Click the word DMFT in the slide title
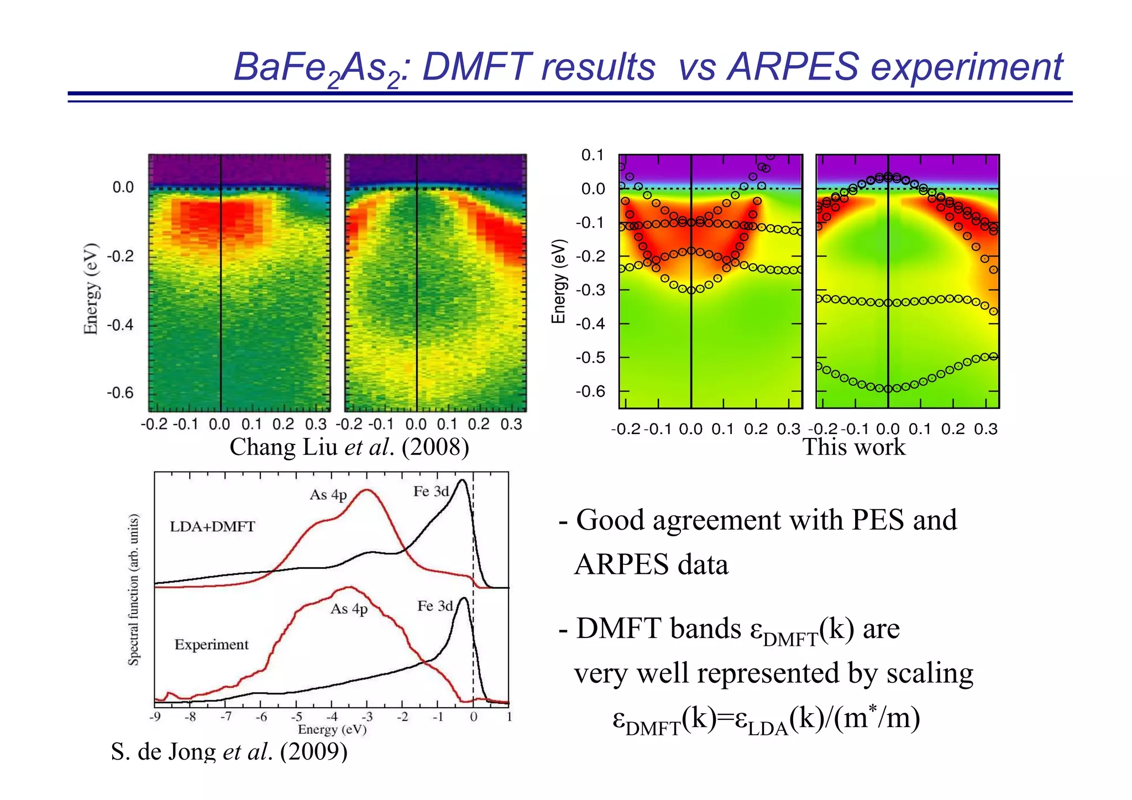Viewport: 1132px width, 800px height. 476,67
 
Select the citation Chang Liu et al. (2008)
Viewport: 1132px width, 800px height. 349,447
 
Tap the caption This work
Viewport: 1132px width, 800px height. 853,447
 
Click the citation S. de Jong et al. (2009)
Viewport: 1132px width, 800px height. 229,751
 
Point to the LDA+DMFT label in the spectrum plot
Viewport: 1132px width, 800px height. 212,526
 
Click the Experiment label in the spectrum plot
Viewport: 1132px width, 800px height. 211,645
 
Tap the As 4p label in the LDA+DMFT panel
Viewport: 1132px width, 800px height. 328,494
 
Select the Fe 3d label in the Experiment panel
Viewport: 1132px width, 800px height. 434,606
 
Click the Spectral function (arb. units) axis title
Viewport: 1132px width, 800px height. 133,589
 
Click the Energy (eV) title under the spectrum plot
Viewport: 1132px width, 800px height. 332,729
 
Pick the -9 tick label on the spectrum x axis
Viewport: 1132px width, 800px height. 155,717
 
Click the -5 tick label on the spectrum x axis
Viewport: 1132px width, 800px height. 296,717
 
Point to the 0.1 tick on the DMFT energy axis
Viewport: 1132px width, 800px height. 592,155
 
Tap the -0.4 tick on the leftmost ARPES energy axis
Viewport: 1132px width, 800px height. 120,325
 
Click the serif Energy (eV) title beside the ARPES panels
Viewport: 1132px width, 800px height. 91,289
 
